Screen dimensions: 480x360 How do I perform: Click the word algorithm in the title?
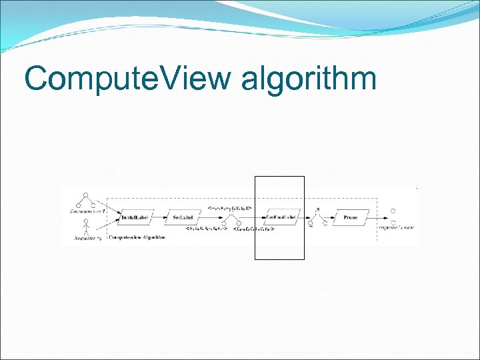[x=308, y=80]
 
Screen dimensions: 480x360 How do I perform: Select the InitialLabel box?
[x=137, y=217]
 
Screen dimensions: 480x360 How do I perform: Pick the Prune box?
[x=351, y=217]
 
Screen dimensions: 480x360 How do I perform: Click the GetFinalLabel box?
[x=280, y=217]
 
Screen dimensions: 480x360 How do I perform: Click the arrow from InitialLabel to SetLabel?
[x=161, y=217]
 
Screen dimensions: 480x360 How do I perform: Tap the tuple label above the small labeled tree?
[x=229, y=208]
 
